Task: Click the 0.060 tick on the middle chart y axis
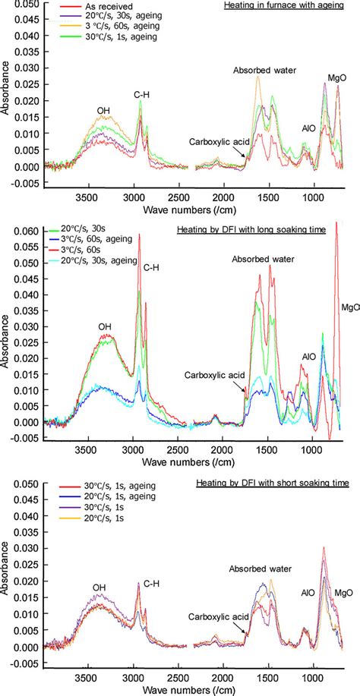(25, 230)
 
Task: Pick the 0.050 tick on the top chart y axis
(25, 4)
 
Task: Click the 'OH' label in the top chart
(103, 111)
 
